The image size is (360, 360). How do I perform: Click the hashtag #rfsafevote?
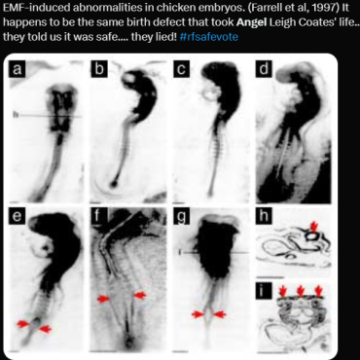tap(208, 37)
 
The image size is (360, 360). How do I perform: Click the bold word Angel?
tap(251, 22)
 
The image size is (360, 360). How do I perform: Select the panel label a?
tap(18, 69)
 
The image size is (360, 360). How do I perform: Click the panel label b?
tap(99, 69)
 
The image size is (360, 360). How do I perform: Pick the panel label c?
tap(181, 69)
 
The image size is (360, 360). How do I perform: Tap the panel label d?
tap(264, 69)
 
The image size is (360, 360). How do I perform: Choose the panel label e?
tap(18, 216)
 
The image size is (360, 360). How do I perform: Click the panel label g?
tap(181, 216)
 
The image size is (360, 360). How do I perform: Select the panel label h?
tap(264, 216)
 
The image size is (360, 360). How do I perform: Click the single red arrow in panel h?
tap(313, 226)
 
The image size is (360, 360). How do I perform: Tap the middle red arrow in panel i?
tap(301, 291)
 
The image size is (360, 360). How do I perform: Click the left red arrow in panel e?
tap(23, 324)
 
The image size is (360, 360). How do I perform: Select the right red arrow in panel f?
tap(140, 296)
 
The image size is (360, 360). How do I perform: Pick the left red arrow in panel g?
tap(198, 314)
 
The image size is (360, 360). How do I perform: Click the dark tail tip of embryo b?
tap(114, 185)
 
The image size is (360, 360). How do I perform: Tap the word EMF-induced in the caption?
tap(37, 8)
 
